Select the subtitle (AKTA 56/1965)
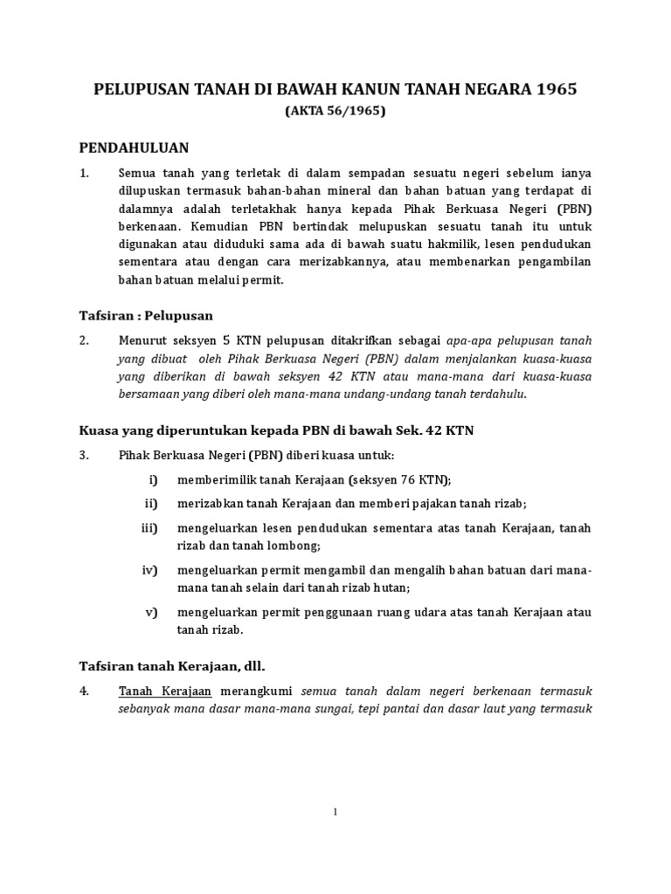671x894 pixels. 335,111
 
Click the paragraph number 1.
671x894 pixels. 85,173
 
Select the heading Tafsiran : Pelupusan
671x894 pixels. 147,315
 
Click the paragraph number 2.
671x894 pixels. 85,340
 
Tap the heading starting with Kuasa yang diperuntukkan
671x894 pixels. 277,430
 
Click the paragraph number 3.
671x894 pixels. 85,456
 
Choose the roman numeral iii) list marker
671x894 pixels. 149,527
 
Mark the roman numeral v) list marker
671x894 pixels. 151,612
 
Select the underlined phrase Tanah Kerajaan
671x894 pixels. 154,691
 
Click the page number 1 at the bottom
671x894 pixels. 335,813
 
